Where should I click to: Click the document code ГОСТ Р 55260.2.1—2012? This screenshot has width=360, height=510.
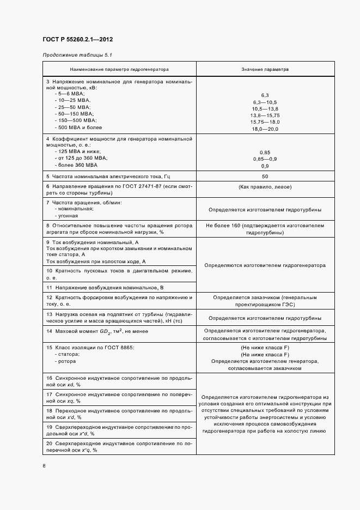click(x=77, y=40)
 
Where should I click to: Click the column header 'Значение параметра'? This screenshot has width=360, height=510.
click(x=265, y=70)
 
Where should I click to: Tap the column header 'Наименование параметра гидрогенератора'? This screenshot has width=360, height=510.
click(x=119, y=70)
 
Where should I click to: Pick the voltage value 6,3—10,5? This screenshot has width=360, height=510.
click(x=265, y=102)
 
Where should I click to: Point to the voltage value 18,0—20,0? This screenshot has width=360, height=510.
click(x=265, y=129)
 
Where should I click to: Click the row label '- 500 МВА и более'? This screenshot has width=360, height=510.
click(x=77, y=127)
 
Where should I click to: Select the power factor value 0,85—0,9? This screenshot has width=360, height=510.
click(x=265, y=159)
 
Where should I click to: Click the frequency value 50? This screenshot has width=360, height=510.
click(x=265, y=177)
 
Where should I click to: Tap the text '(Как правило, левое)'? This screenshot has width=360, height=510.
click(x=265, y=187)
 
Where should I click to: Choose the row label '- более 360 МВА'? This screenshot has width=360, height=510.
click(x=76, y=165)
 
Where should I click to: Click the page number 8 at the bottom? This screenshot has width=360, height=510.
click(x=44, y=465)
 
